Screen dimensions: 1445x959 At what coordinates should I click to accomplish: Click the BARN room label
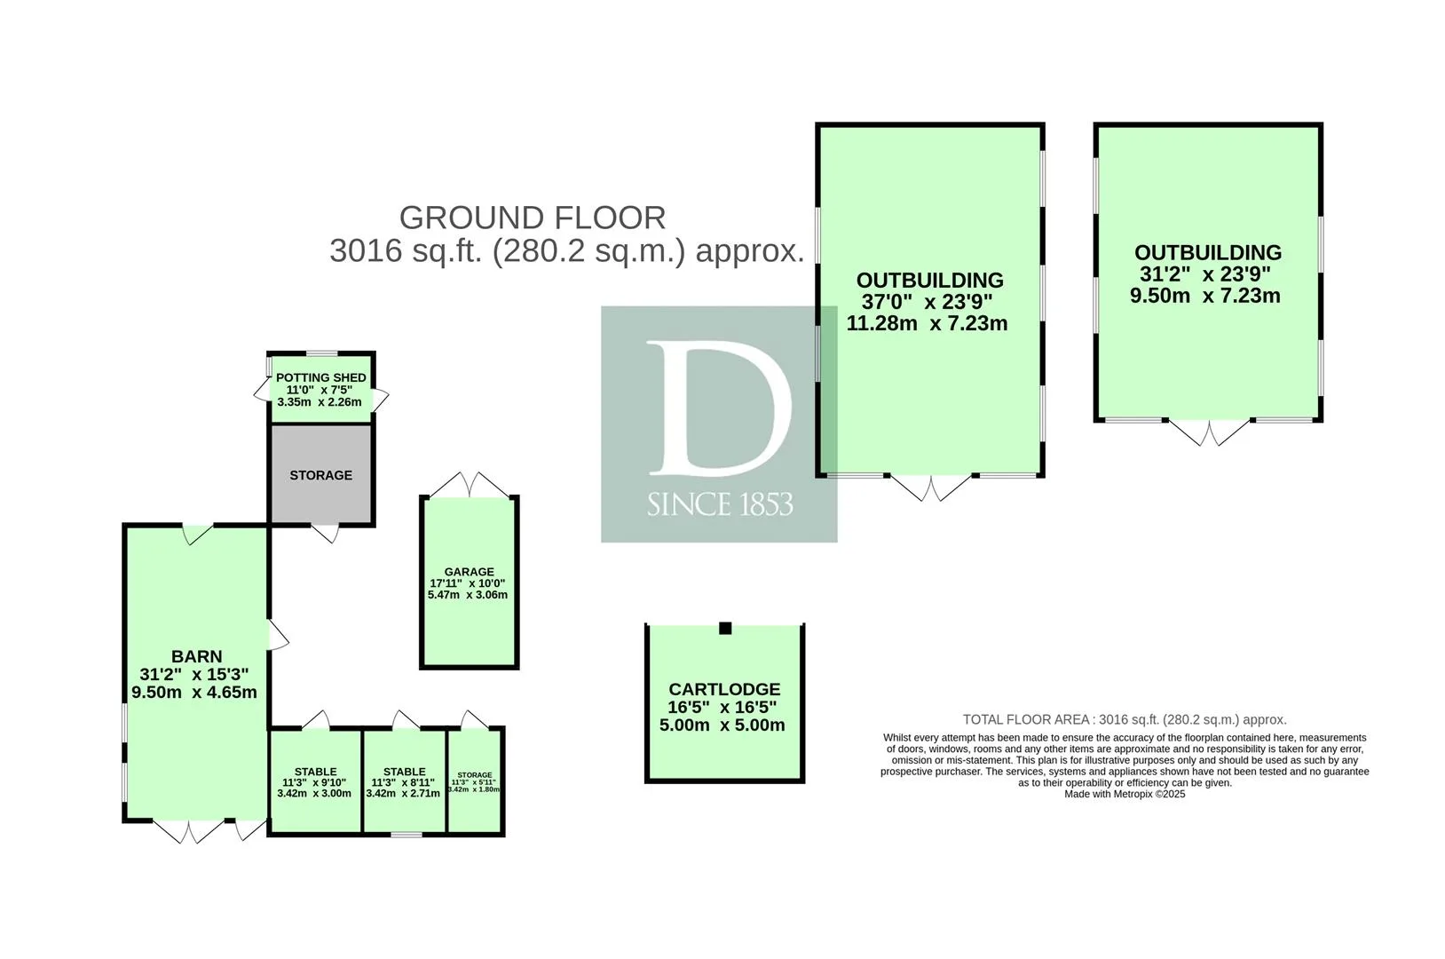pyautogui.click(x=197, y=656)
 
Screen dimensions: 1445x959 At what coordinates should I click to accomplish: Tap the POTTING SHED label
pyautogui.click(x=321, y=377)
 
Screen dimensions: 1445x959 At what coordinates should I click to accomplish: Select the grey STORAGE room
pyautogui.click(x=320, y=474)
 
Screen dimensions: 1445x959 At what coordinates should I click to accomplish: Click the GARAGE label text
pyautogui.click(x=469, y=572)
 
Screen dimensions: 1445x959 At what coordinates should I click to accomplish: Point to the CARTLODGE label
pyautogui.click(x=724, y=689)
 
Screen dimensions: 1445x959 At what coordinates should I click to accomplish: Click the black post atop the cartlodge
pyautogui.click(x=725, y=628)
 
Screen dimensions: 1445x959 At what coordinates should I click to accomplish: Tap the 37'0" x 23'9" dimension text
pyautogui.click(x=927, y=301)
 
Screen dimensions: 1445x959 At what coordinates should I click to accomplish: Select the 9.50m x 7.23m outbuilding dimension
pyautogui.click(x=1205, y=296)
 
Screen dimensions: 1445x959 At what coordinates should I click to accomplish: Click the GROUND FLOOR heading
pyautogui.click(x=533, y=218)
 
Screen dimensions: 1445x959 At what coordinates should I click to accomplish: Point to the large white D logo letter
pyautogui.click(x=719, y=408)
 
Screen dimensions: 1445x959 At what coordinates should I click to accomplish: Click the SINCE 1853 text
pyautogui.click(x=720, y=504)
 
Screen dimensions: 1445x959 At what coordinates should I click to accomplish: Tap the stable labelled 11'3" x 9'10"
pyautogui.click(x=315, y=781)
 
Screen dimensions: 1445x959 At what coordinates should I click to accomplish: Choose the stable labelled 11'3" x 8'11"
pyautogui.click(x=405, y=781)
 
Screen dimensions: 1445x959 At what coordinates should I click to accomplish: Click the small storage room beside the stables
pyautogui.click(x=475, y=781)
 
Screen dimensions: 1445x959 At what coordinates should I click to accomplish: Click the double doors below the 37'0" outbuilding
pyautogui.click(x=930, y=488)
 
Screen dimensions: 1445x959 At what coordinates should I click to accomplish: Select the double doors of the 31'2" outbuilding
pyautogui.click(x=1209, y=433)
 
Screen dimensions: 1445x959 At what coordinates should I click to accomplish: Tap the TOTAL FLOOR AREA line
pyautogui.click(x=1125, y=719)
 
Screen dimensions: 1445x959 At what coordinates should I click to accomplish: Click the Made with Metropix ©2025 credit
pyautogui.click(x=1125, y=795)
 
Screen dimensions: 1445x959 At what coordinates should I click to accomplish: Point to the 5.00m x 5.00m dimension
pyautogui.click(x=722, y=725)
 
